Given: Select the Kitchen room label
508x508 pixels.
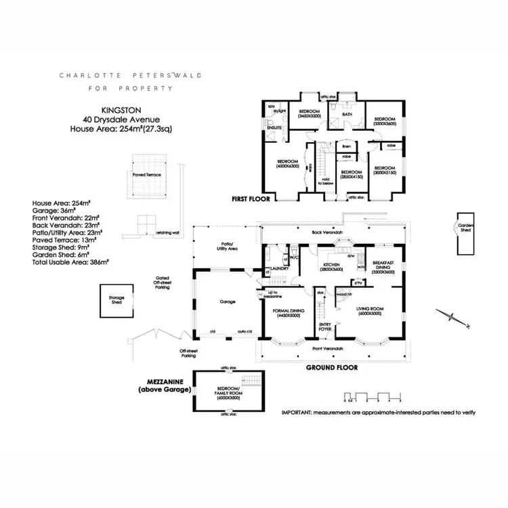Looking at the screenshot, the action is [333, 267].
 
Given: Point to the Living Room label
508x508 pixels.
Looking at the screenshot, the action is [371, 310].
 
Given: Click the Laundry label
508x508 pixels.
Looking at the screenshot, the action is [281, 268].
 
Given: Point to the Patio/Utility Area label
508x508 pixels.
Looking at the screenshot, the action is [226, 247].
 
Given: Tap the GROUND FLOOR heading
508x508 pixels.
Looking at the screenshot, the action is [332, 368].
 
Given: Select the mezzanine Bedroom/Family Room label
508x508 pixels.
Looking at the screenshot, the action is [227, 394].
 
